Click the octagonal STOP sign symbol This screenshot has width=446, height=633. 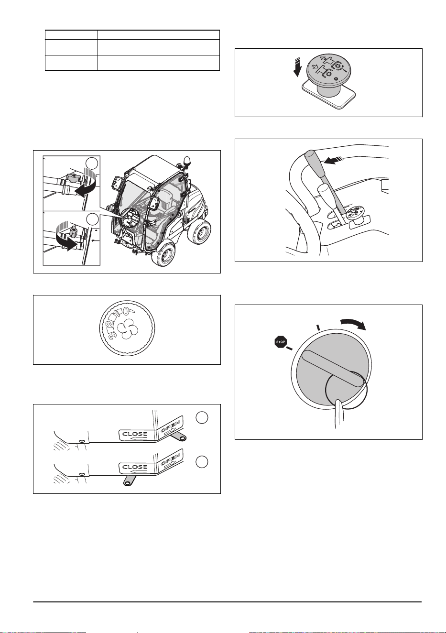[281, 342]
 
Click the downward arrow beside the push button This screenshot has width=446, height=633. [296, 66]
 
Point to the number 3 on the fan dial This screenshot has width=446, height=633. [113, 334]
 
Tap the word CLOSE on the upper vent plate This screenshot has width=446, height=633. [135, 434]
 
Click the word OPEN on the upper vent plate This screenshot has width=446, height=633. [171, 427]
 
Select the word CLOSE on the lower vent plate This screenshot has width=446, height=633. [135, 467]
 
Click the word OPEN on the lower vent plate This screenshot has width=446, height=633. [171, 460]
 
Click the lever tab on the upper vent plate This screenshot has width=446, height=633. [179, 437]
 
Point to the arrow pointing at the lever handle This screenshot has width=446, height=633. [334, 161]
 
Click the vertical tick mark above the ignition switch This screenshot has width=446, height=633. [318, 327]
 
